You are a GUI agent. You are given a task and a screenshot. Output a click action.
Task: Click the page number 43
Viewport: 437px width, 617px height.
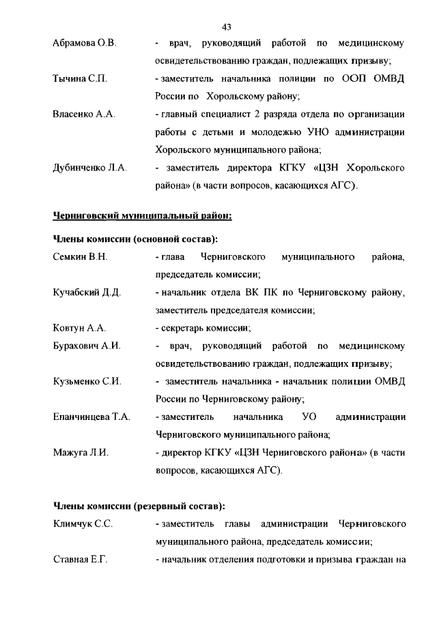[227, 27]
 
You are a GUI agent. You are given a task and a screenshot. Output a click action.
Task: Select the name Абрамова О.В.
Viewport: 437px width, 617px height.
[85, 44]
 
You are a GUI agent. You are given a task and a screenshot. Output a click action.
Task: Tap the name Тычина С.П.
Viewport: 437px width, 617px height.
[80, 79]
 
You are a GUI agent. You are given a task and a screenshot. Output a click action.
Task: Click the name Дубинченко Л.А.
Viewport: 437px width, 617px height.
[90, 168]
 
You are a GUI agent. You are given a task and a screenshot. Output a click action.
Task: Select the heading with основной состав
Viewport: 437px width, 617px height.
[136, 239]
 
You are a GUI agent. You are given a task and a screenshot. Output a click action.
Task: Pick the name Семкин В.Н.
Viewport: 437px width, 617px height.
[80, 257]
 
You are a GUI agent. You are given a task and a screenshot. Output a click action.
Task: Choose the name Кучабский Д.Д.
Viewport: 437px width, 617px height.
[87, 292]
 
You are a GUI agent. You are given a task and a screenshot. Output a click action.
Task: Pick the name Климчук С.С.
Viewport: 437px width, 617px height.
[83, 524]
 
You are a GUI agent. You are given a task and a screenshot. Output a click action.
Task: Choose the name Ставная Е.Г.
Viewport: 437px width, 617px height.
[81, 560]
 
